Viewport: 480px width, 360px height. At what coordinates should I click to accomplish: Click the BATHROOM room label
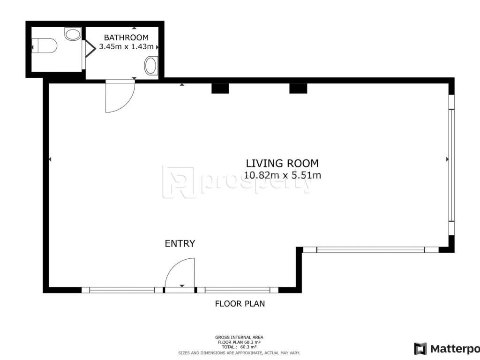pos(126,37)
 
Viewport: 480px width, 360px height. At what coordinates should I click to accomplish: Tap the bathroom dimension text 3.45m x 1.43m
pos(126,47)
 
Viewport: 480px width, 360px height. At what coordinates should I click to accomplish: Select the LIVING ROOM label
pos(282,163)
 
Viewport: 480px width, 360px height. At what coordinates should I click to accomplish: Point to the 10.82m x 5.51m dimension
pos(282,175)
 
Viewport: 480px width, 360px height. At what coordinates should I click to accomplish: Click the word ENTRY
pos(180,243)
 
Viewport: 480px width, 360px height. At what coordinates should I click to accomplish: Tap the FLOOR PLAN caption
pos(240,304)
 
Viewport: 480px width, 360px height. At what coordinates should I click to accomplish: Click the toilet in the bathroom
pos(45,45)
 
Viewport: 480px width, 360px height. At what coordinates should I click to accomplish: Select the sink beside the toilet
pos(73,34)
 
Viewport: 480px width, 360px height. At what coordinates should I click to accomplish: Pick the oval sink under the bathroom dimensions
pos(150,66)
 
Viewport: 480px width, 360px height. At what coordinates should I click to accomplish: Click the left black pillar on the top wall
pos(220,88)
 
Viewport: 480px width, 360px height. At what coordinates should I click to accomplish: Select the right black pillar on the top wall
pos(298,88)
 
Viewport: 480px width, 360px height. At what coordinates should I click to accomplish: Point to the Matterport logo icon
pos(420,349)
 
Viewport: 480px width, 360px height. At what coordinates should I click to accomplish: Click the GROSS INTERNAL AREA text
pos(239,337)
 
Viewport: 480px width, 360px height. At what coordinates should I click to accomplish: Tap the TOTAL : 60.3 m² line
pos(239,347)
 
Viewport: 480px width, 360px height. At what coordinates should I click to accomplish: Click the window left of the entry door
pos(122,290)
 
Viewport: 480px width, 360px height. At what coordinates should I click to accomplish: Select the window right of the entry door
pos(238,290)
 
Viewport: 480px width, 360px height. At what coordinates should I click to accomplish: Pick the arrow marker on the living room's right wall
pos(447,159)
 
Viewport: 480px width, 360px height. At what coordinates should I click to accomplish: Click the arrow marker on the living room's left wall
pos(50,159)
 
